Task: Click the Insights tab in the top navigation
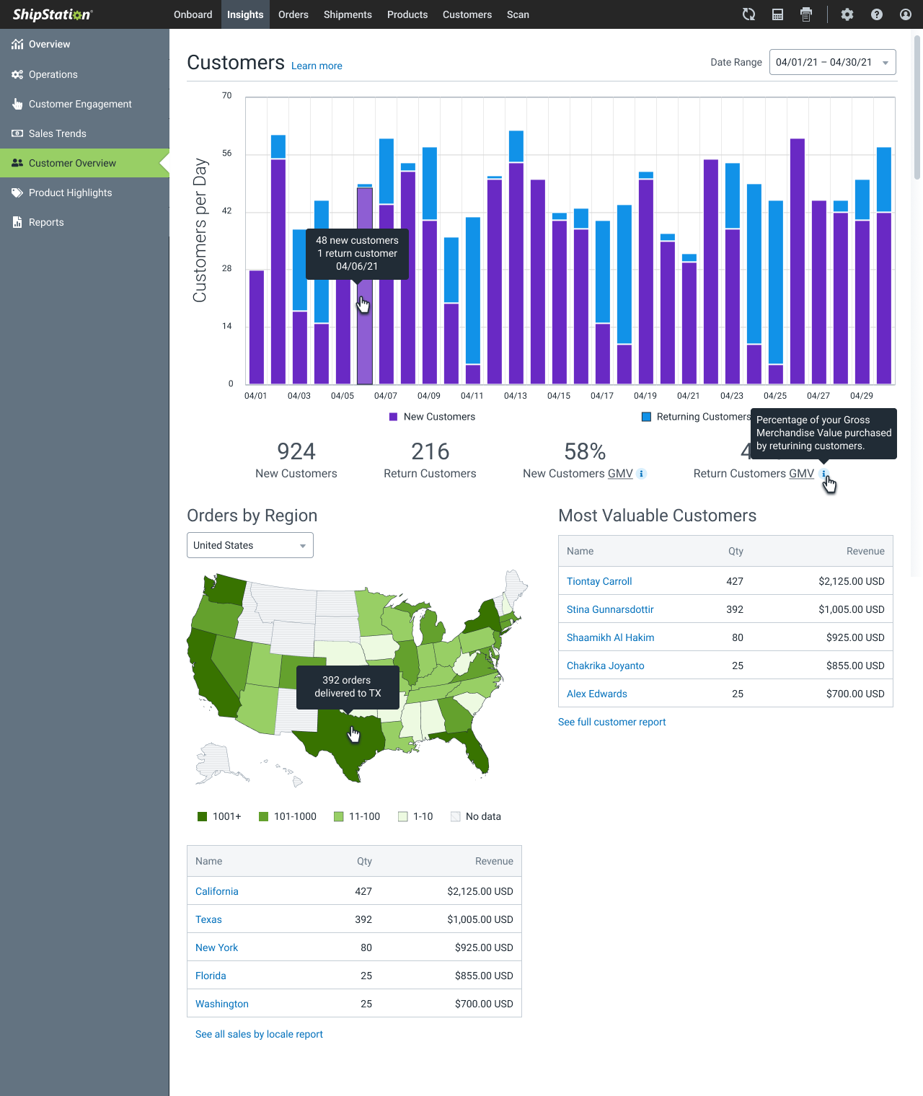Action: (245, 14)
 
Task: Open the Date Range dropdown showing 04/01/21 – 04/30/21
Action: (832, 62)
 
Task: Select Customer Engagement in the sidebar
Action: (80, 104)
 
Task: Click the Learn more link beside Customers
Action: (317, 66)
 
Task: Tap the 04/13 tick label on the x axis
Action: (516, 396)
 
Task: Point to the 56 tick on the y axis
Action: (227, 154)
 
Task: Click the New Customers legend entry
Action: (433, 417)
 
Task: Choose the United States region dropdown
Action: (249, 545)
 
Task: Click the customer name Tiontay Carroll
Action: (599, 581)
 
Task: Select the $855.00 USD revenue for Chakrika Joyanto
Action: (855, 666)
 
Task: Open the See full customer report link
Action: (611, 722)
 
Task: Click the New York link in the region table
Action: (216, 947)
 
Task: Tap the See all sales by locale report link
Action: (259, 1034)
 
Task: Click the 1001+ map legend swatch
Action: (203, 816)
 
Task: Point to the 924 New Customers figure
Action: (296, 451)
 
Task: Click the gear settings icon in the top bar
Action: (847, 14)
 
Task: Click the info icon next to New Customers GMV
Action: (642, 474)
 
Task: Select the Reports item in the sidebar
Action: (46, 222)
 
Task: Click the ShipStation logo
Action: (53, 14)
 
